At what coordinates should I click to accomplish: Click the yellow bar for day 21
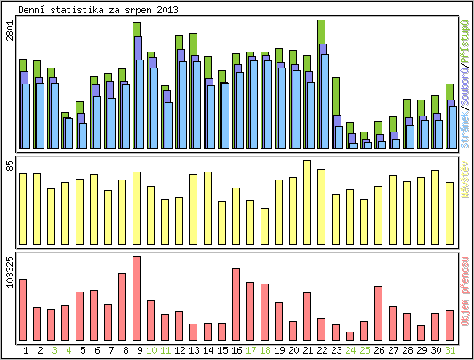(308, 204)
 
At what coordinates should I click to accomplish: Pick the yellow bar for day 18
(265, 227)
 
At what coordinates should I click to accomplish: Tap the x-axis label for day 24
(350, 350)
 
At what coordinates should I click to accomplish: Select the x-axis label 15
(222, 350)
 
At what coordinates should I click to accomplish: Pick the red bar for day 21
(308, 316)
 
